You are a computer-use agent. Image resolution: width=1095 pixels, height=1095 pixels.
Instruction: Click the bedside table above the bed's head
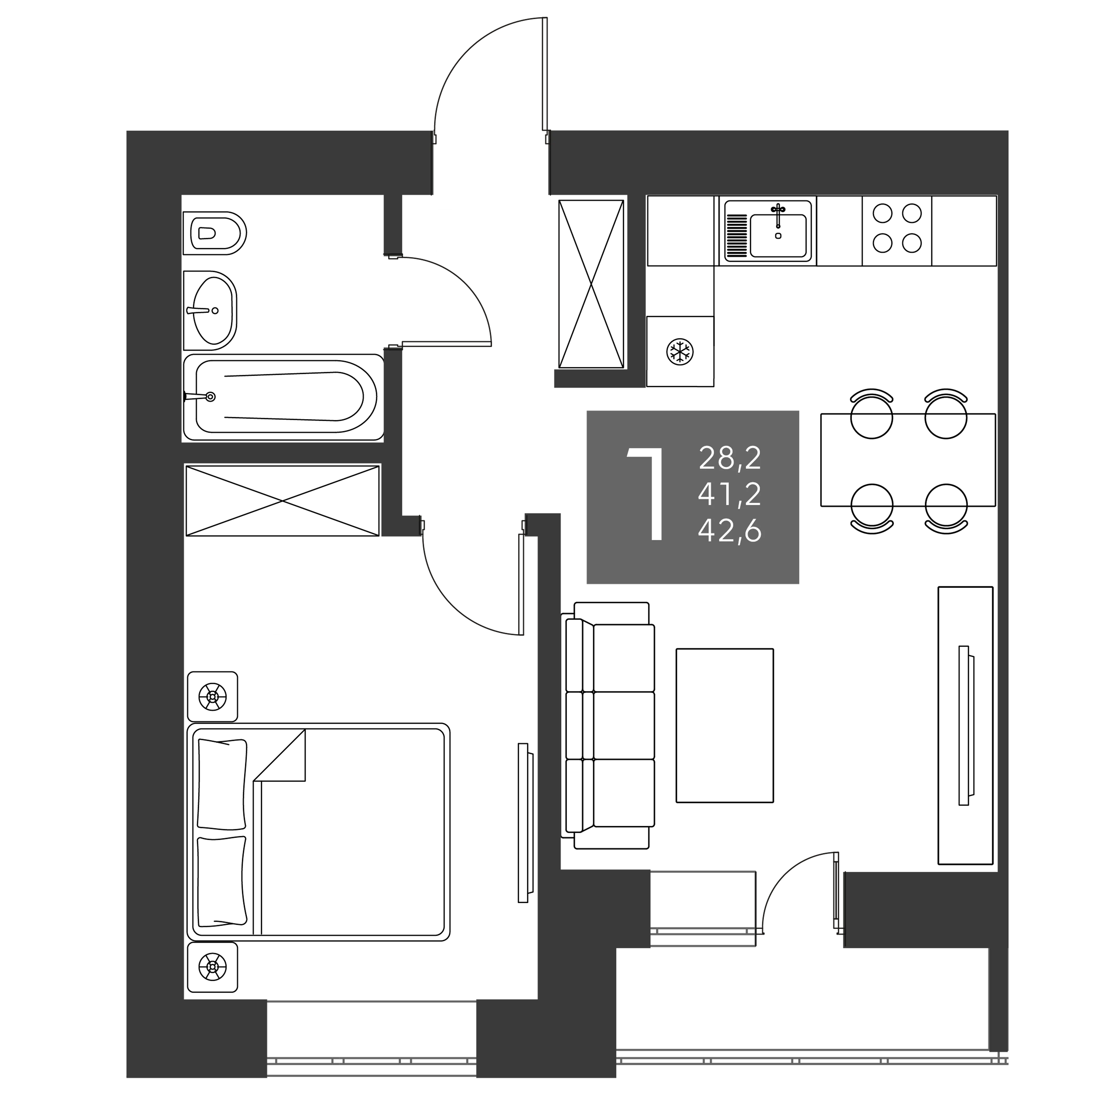(213, 697)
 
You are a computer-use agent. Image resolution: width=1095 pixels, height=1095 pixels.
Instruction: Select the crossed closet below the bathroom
(282, 500)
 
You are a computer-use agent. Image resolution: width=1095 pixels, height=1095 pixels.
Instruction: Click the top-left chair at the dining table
(872, 414)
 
